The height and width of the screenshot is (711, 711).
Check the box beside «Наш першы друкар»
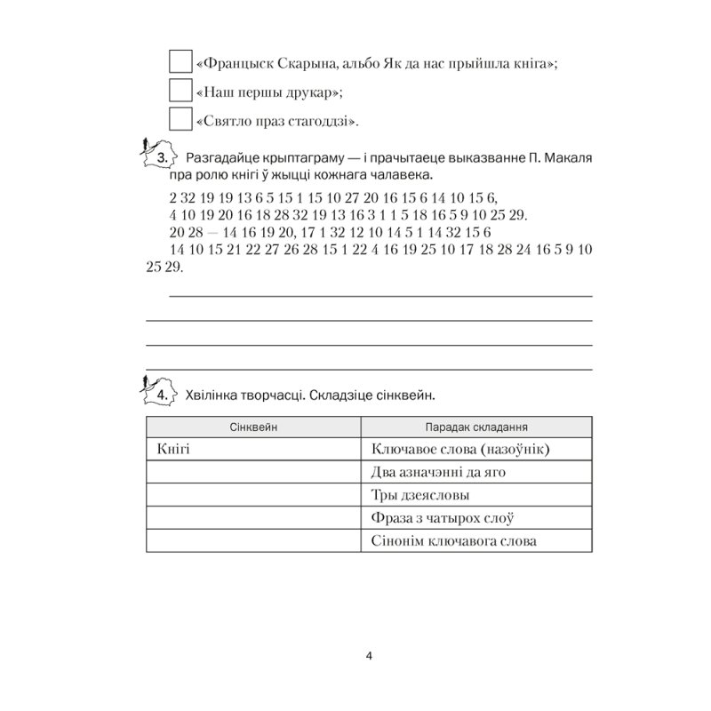179,91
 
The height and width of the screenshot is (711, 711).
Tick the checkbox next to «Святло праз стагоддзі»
179,119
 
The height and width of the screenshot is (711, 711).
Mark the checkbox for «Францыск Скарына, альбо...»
179,62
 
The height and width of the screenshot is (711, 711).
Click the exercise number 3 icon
160,156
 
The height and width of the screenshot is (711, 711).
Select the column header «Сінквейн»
253,427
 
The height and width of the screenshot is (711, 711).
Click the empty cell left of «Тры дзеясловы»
253,495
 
